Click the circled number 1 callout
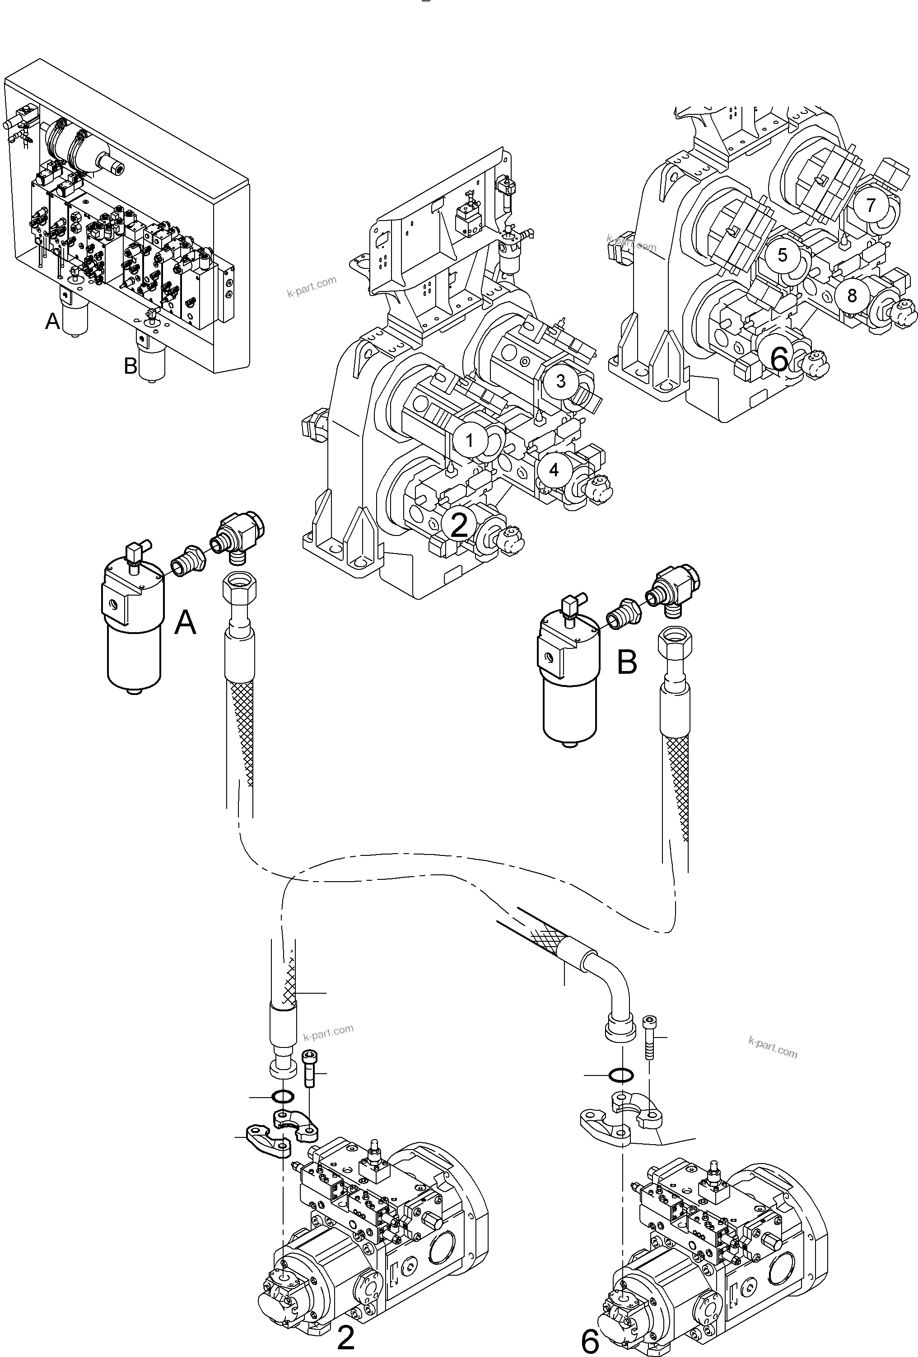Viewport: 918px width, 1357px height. [469, 441]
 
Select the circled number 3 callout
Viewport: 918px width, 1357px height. [561, 381]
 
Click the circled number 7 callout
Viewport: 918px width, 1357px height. [871, 205]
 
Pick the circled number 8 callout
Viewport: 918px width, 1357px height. [852, 296]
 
